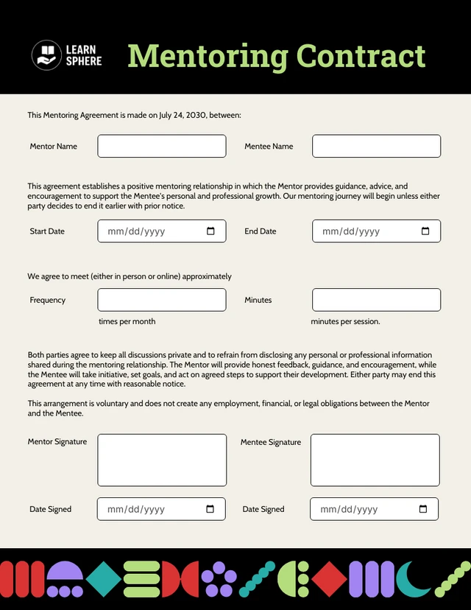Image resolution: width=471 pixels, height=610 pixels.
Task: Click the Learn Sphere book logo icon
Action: click(46, 55)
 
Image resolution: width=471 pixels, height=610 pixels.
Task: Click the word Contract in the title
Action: click(361, 56)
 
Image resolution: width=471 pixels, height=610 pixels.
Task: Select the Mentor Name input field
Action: click(162, 146)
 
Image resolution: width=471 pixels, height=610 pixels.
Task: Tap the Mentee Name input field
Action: click(376, 146)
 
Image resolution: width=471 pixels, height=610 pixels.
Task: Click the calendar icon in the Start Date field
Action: click(211, 231)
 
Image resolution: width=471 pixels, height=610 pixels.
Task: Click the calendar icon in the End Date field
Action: click(425, 231)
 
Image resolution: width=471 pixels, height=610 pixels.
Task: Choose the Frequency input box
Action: click(162, 300)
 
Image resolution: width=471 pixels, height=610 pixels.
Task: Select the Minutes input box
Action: click(376, 300)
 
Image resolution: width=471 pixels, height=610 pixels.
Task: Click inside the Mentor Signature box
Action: click(162, 460)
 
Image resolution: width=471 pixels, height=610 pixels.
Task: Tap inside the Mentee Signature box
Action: click(375, 460)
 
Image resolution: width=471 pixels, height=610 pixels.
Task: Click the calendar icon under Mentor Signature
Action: click(210, 509)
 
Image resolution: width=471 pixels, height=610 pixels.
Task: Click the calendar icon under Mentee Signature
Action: click(423, 509)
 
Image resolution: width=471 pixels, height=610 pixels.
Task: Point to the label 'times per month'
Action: click(127, 321)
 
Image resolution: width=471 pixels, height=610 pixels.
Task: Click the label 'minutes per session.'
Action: click(345, 321)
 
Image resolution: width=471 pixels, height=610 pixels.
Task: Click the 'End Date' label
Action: click(261, 231)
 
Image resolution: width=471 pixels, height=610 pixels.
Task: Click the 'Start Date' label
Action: click(47, 231)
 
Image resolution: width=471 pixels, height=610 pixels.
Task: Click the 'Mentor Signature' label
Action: click(57, 442)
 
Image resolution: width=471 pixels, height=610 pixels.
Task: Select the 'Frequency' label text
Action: click(48, 300)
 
